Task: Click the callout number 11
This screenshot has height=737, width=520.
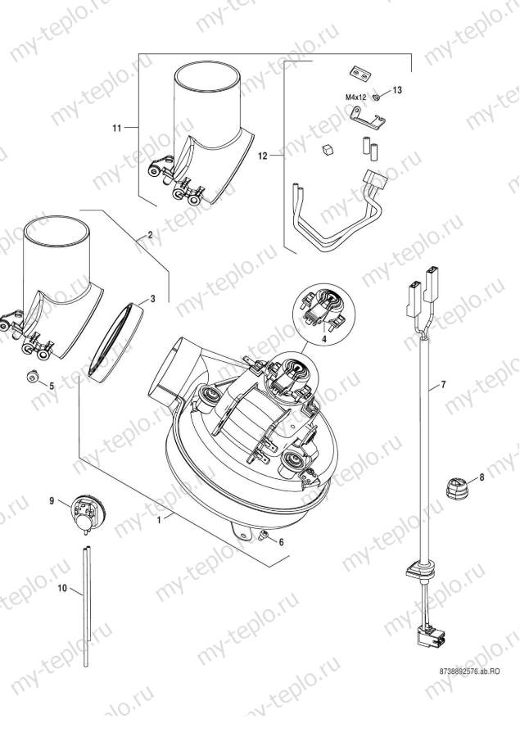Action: coord(116,129)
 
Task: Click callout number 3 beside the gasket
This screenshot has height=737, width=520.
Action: coord(152,301)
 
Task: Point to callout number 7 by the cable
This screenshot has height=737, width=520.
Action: coord(443,384)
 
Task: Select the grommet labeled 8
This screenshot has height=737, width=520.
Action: coord(454,489)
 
